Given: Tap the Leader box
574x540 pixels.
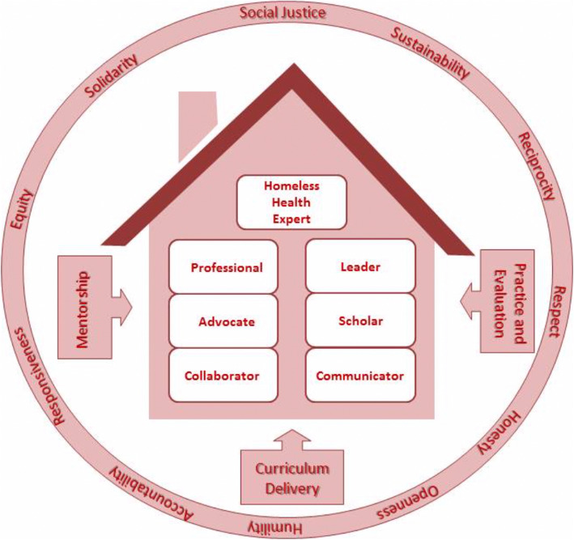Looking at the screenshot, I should (x=359, y=266).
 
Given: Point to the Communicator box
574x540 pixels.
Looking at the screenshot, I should (x=359, y=375).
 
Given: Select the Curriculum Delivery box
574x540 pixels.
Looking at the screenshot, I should (x=286, y=478).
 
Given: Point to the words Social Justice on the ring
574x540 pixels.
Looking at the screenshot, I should (x=283, y=13).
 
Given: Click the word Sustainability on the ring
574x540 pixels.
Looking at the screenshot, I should (x=430, y=55).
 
